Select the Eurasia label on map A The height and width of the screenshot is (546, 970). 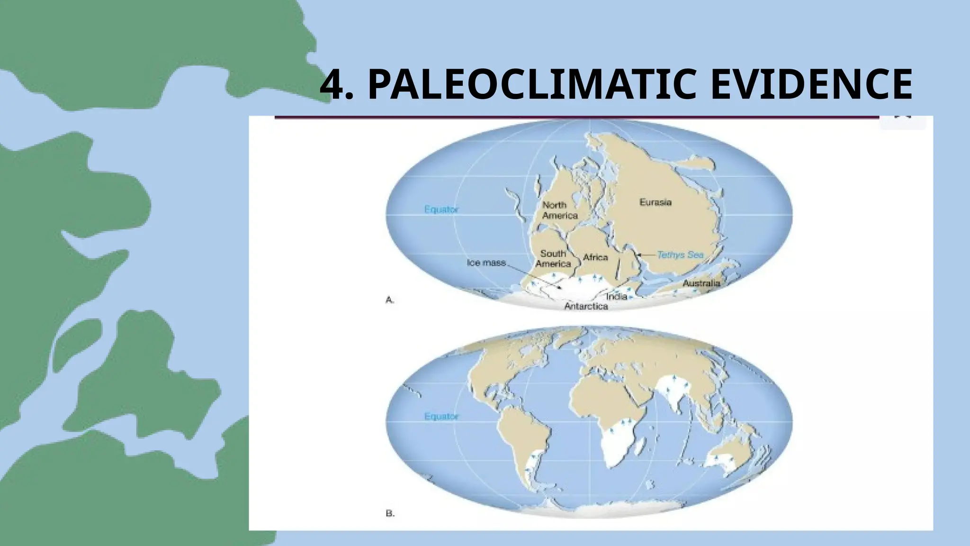655,202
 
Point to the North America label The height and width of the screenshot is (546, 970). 559,210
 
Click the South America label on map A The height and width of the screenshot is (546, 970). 553,259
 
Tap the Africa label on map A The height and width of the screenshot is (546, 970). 595,257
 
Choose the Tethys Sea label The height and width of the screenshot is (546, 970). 680,255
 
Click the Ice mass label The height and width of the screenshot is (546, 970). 486,263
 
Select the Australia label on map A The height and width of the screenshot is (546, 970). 701,283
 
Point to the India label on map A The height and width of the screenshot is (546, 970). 616,297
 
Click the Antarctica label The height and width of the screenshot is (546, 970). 586,307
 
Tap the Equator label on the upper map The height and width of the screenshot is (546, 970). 441,209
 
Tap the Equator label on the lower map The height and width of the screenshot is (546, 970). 441,417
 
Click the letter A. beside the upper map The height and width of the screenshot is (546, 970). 390,300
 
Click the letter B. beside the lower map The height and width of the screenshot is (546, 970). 390,513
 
